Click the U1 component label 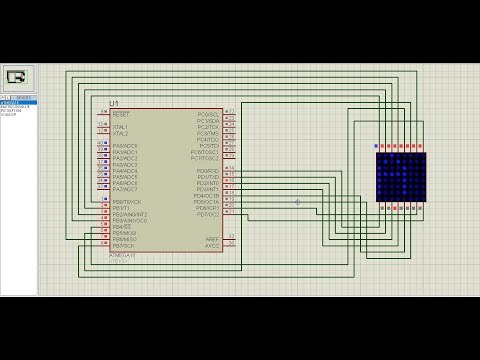coord(114,104)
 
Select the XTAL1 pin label coord(121,126)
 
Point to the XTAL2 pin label coord(121,133)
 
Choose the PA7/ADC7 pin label coord(125,188)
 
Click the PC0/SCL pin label coord(208,114)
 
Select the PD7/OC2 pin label coord(207,214)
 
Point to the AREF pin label coord(212,238)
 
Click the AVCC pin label coord(212,245)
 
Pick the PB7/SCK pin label coord(125,246)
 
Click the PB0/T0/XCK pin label coord(127,201)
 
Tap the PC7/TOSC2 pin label coord(205,158)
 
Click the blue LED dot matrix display coord(401,176)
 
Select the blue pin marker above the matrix coord(376,147)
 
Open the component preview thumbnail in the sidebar coord(18,76)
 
